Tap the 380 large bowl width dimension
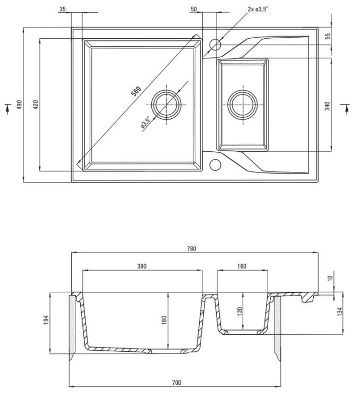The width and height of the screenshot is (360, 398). point(141,266)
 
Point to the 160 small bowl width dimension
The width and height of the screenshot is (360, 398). point(242,266)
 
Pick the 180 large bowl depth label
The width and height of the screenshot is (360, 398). point(165,319)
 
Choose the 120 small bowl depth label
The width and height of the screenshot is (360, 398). point(239,312)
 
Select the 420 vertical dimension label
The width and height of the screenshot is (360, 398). point(36,105)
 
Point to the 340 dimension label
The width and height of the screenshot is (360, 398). point(327,106)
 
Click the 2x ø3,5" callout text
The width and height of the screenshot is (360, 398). point(259,9)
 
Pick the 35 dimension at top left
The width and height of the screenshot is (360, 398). point(63,9)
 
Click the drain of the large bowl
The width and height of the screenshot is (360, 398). point(166,102)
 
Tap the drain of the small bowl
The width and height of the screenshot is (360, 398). point(243,102)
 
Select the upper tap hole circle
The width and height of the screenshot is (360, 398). point(215,44)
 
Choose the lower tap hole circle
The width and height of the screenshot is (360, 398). point(215,165)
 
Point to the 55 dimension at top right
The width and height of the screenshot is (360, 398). point(327,36)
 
